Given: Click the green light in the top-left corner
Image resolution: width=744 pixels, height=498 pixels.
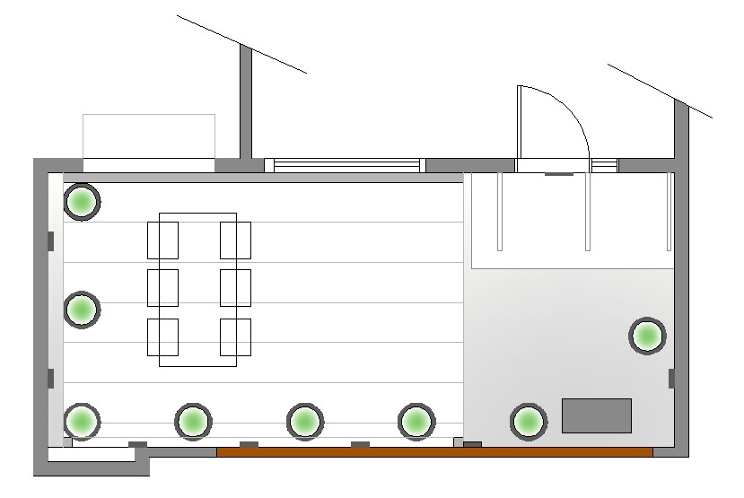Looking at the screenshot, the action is (82, 202).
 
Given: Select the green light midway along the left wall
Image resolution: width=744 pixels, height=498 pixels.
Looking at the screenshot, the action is (82, 310).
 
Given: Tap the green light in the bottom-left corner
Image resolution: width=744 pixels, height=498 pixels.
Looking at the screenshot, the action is (82, 420).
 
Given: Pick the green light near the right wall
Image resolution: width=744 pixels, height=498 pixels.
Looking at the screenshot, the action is (646, 336).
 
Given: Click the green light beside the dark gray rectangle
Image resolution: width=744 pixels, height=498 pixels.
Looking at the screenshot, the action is (528, 421).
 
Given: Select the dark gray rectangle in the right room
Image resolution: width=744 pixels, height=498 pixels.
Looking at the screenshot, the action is (597, 415).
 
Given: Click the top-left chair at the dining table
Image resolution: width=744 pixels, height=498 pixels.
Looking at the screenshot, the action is (162, 240).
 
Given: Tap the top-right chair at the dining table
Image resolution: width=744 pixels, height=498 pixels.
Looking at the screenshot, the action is (235, 240).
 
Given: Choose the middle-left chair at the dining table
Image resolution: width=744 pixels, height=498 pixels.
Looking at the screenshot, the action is (162, 288).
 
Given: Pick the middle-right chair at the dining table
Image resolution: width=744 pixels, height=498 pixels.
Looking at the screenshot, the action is (235, 288).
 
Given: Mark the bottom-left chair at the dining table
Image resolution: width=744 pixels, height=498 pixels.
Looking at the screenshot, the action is (162, 337).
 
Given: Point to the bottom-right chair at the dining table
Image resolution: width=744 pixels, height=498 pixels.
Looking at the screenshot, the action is (235, 337).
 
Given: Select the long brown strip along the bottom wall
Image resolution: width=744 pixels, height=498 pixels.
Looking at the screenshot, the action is (434, 452).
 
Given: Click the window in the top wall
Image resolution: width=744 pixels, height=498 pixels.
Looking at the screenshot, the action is (346, 165).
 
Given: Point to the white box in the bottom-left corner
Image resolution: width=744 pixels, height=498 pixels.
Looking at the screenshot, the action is (90, 455).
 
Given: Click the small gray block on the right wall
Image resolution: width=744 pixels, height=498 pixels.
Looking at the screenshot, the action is (671, 378).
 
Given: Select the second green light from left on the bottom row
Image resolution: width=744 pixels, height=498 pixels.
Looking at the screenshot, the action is (193, 420).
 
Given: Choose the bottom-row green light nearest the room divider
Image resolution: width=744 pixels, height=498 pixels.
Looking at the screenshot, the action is (416, 420).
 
